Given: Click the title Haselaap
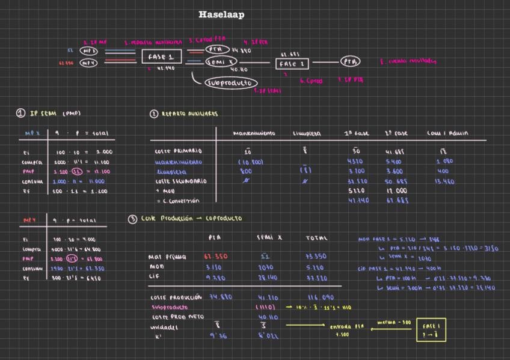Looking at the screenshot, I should pyautogui.click(x=221, y=14).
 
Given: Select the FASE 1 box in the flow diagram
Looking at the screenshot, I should pyautogui.click(x=161, y=57).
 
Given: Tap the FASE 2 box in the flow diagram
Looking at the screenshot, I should pyautogui.click(x=292, y=63).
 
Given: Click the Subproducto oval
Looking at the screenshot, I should pyautogui.click(x=231, y=83).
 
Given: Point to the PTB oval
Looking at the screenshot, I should pyautogui.click(x=350, y=61).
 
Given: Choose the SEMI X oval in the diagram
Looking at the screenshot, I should pyautogui.click(x=222, y=62).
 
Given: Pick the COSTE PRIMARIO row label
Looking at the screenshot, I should pyautogui.click(x=178, y=151).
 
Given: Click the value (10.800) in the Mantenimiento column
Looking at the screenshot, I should pyautogui.click(x=250, y=162).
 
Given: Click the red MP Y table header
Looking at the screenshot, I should pyautogui.click(x=29, y=221).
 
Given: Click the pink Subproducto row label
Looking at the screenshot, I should pyautogui.click(x=169, y=307).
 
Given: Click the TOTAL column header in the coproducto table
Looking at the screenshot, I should pyautogui.click(x=316, y=238).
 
